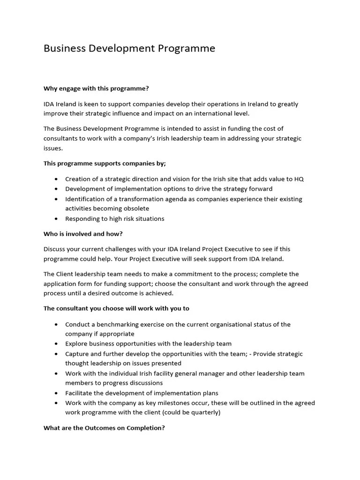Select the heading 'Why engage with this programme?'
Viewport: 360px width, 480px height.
tap(96, 89)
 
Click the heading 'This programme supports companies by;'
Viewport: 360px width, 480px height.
tap(105, 164)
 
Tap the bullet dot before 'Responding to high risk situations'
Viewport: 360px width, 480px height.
tap(56, 219)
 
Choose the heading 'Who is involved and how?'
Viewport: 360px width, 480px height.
tap(83, 234)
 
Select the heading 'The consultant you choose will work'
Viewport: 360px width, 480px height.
tap(116, 308)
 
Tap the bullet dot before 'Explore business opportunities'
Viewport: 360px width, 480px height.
tap(56, 344)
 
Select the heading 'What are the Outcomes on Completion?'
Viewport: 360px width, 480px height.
tap(104, 428)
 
